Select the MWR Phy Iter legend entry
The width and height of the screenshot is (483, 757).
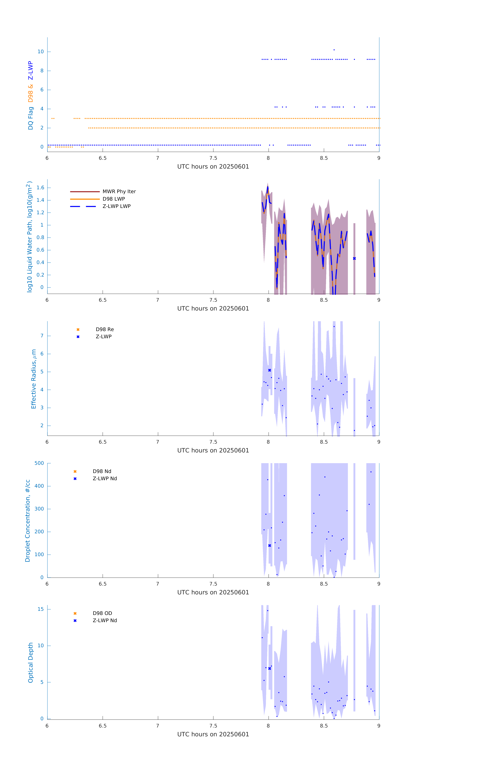(119, 191)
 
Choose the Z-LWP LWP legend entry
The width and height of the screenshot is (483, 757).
(116, 206)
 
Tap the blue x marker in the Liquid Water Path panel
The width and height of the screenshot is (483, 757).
(354, 258)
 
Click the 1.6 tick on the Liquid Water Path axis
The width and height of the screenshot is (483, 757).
(40, 188)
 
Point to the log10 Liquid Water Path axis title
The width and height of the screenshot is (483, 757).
(30, 237)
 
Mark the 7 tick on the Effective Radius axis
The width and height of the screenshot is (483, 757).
(42, 336)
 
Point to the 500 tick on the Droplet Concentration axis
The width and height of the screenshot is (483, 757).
(39, 463)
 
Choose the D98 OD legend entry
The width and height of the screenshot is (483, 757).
(102, 613)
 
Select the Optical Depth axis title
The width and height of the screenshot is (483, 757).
(31, 663)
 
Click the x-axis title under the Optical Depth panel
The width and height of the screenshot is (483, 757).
(213, 734)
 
